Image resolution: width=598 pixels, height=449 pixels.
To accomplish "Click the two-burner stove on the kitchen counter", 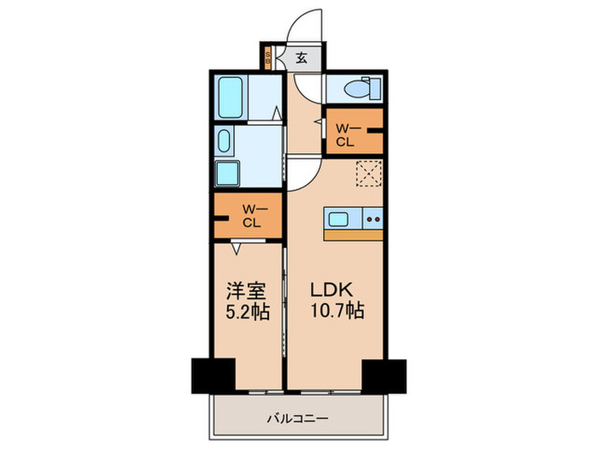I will click(373, 218).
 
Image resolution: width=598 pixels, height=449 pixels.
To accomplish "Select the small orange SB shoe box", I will click(268, 59).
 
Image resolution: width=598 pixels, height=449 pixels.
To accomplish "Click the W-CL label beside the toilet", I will click(344, 135).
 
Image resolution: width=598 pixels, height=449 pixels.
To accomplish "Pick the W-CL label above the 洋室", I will click(250, 216).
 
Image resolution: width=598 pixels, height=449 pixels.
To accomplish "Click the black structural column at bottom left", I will click(212, 375).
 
